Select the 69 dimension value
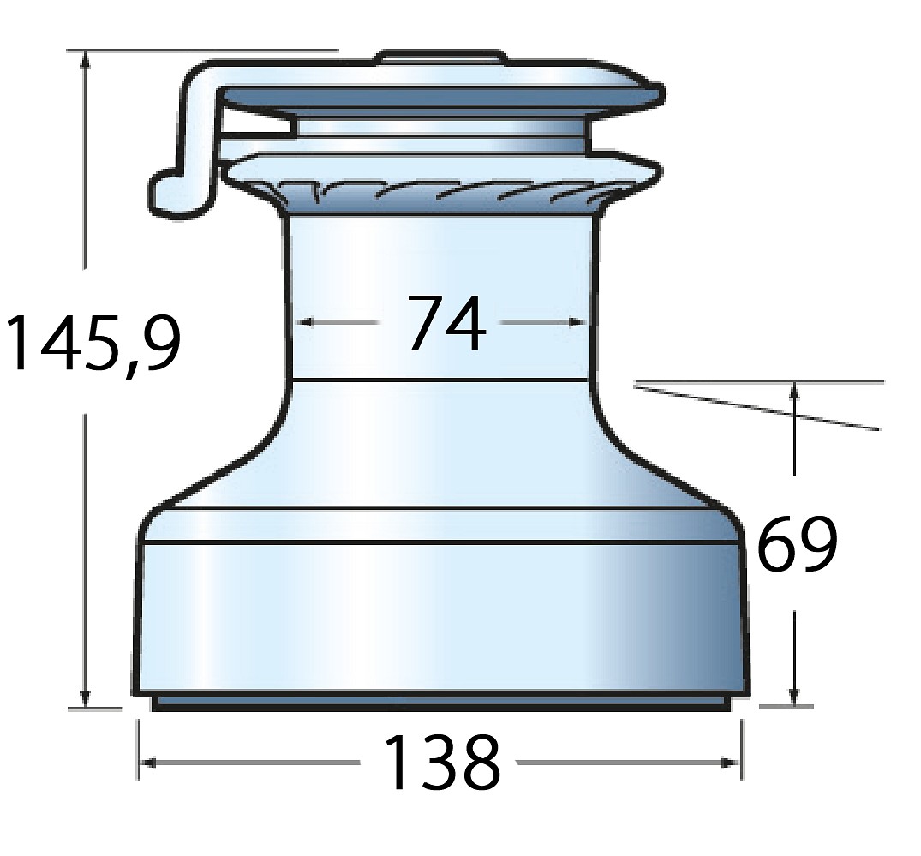tap(797, 543)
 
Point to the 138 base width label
tap(441, 762)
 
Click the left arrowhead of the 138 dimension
tap(149, 763)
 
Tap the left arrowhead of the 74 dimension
tap(303, 322)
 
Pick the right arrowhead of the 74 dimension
tap(579, 322)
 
